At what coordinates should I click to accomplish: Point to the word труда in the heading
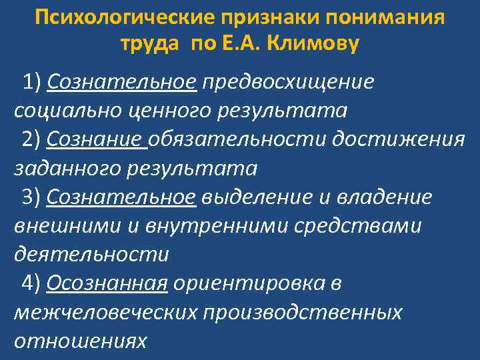(150, 45)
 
